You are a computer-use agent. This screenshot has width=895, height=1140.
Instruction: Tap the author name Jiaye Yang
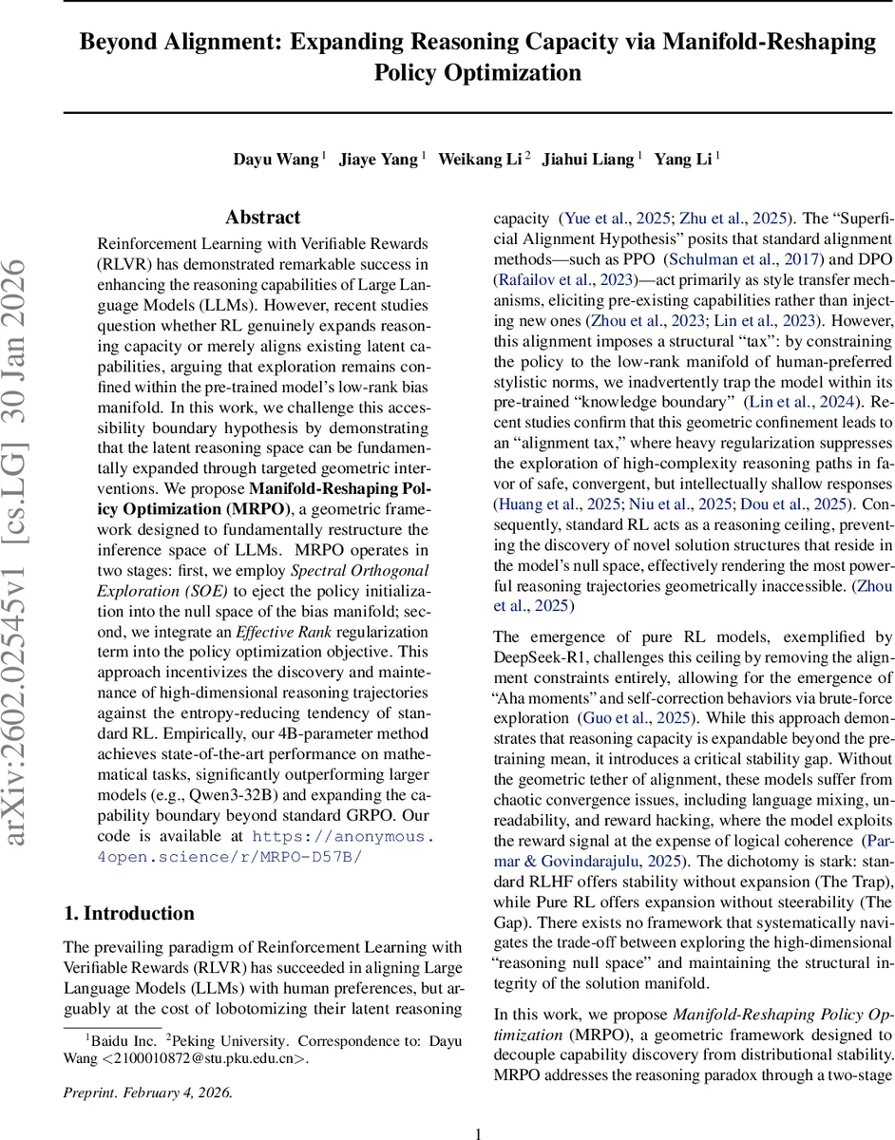[379, 159]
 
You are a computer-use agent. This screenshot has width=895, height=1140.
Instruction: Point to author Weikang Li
[481, 159]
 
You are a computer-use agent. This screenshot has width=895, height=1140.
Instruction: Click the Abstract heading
[263, 218]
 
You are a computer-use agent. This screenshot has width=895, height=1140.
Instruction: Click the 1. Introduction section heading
[128, 913]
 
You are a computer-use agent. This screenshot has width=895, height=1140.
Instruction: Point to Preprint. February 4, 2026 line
[147, 1092]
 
